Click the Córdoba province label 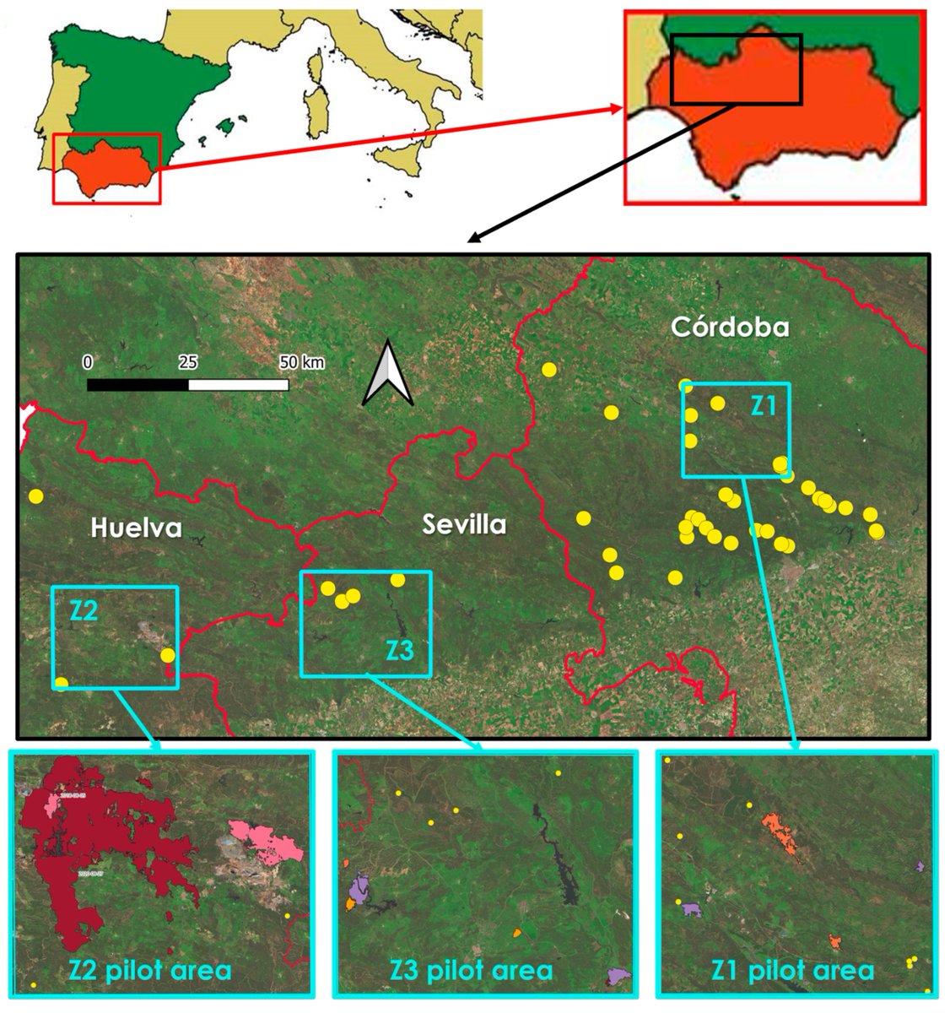730,328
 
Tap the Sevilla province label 464,525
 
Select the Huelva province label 136,528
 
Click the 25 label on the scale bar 187,363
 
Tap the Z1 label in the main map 764,407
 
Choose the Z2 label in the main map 84,611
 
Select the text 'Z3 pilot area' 472,970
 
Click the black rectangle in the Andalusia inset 736,69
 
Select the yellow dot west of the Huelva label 35,496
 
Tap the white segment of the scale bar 238,385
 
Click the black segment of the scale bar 138,385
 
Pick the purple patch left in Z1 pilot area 692,909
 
